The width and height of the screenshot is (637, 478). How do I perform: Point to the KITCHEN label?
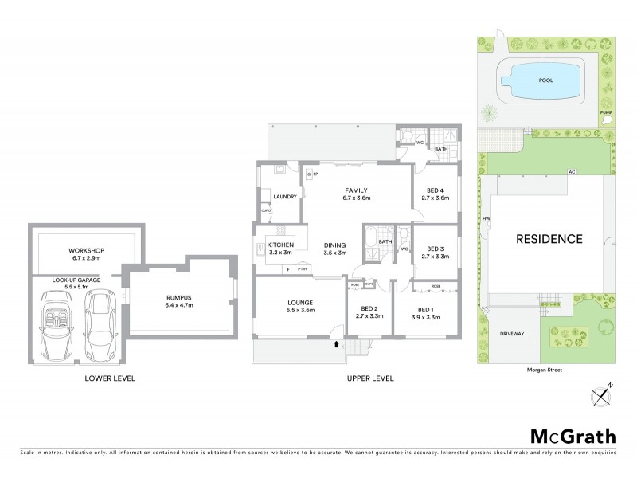(281, 245)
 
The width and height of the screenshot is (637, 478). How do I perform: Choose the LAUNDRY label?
(284, 197)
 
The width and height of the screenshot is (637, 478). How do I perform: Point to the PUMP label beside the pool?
(606, 112)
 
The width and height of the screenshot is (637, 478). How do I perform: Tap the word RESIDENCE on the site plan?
(549, 238)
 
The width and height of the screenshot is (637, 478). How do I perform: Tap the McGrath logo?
(573, 436)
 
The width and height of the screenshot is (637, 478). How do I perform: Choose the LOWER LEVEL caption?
(110, 378)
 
